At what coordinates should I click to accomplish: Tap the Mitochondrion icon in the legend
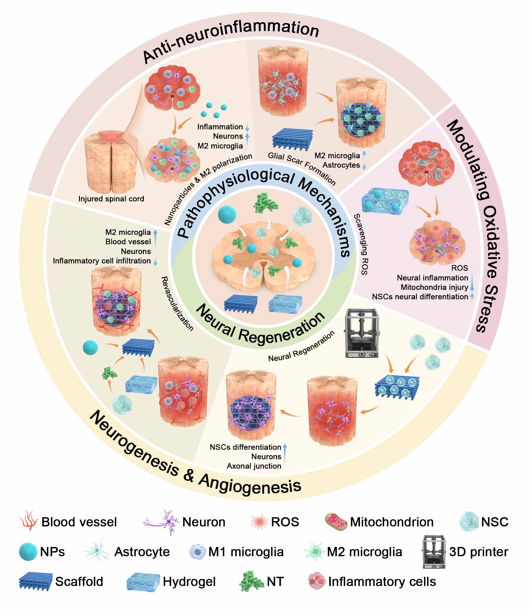click(336, 522)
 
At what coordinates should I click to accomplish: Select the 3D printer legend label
click(479, 552)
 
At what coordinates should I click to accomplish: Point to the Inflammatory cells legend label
click(382, 582)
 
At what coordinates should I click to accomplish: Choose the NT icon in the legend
click(251, 581)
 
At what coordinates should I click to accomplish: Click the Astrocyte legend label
click(142, 552)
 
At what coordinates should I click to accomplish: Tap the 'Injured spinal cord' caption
click(111, 199)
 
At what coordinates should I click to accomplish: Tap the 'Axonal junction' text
click(254, 466)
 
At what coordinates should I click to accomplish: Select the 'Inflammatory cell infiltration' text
click(102, 261)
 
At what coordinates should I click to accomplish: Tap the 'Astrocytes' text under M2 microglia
click(341, 165)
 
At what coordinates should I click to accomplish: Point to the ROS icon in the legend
click(259, 522)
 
